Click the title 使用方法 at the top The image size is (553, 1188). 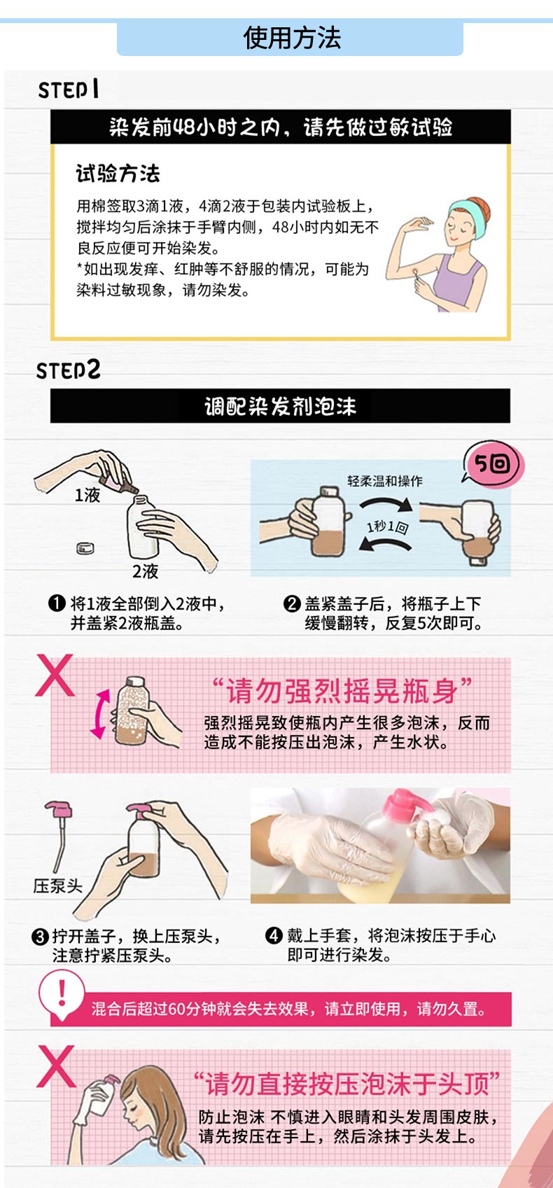point(292,38)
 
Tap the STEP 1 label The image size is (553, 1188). point(69,89)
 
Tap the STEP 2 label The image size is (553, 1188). point(68,370)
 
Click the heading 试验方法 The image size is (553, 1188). point(118,174)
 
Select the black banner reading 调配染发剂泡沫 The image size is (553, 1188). point(280,406)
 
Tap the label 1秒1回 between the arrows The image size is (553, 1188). point(387,526)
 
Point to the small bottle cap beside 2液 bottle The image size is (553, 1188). point(85,548)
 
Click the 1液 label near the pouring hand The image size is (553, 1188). point(87,495)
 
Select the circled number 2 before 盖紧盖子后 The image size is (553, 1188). point(292,603)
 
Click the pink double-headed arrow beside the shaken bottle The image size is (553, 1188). point(99,714)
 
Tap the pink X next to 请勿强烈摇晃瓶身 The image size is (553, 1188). point(55,675)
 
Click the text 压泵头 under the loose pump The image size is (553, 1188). point(58,885)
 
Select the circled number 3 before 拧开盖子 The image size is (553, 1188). point(40,937)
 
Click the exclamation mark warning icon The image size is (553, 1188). point(62,992)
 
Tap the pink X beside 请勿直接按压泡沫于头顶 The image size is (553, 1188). point(56,1066)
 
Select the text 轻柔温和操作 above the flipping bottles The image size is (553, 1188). point(385,481)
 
